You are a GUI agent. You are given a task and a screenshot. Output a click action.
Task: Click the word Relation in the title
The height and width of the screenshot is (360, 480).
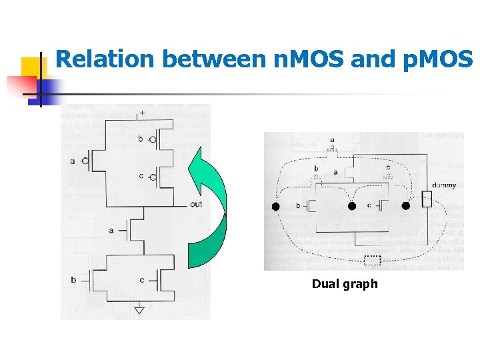coord(105,59)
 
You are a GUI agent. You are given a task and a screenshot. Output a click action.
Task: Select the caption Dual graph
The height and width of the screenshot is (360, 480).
coord(345,284)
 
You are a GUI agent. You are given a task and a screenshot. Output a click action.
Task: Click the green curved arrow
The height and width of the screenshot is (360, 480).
coord(207,207)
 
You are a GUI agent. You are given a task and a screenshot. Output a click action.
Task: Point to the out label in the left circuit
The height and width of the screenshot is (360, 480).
coord(195,204)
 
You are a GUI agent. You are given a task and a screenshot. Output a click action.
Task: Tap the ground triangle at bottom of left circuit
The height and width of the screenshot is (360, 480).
coord(139,310)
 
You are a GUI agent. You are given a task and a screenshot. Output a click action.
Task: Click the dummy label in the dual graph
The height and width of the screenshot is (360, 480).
coord(444,185)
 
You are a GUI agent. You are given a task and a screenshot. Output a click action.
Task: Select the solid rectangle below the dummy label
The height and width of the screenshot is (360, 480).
coord(427,199)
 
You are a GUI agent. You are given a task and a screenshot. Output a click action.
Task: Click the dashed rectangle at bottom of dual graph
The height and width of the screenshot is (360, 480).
coord(373,261)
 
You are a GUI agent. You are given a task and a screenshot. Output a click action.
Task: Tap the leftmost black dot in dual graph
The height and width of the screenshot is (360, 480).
coord(276,207)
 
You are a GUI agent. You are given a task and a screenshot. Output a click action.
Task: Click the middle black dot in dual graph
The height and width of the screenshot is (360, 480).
coord(352,207)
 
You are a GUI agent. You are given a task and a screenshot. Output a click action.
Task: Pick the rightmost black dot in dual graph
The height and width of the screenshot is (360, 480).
coord(406,207)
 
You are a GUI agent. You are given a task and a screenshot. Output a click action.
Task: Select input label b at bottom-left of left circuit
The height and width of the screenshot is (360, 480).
coord(73,280)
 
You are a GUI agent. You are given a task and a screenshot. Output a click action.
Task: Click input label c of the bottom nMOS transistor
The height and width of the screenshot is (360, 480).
coord(142,280)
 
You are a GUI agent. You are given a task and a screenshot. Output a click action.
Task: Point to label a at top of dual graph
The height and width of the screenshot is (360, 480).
coord(332,141)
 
